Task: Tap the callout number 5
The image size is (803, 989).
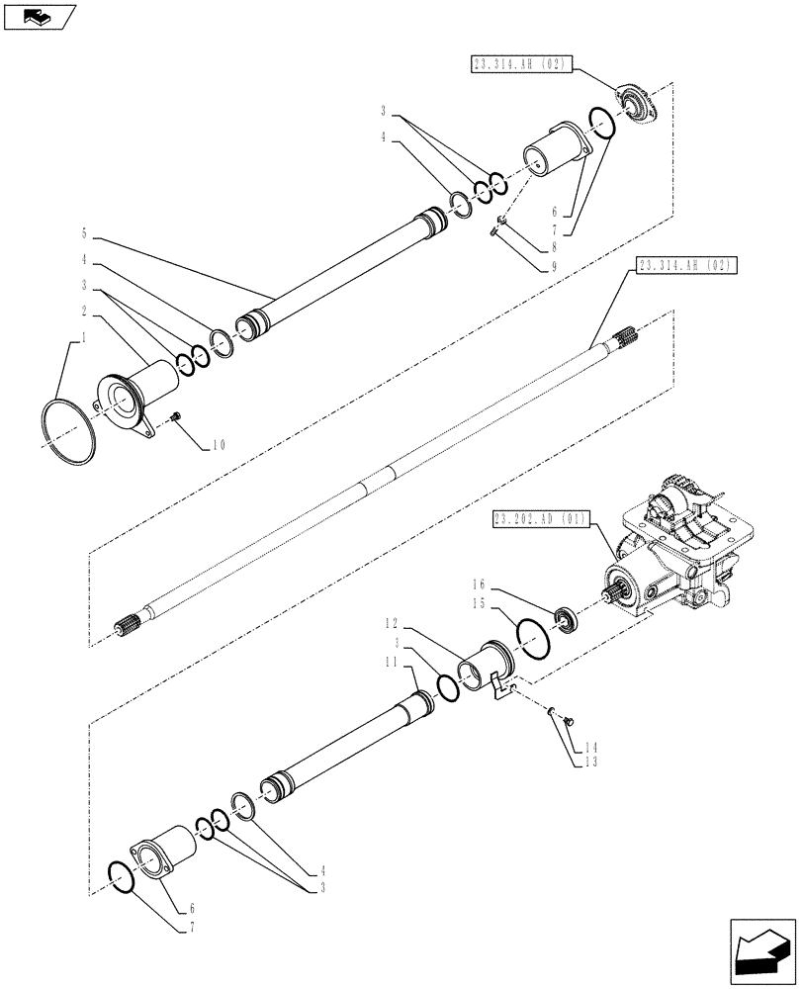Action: point(85,235)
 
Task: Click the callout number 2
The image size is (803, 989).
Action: point(85,311)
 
